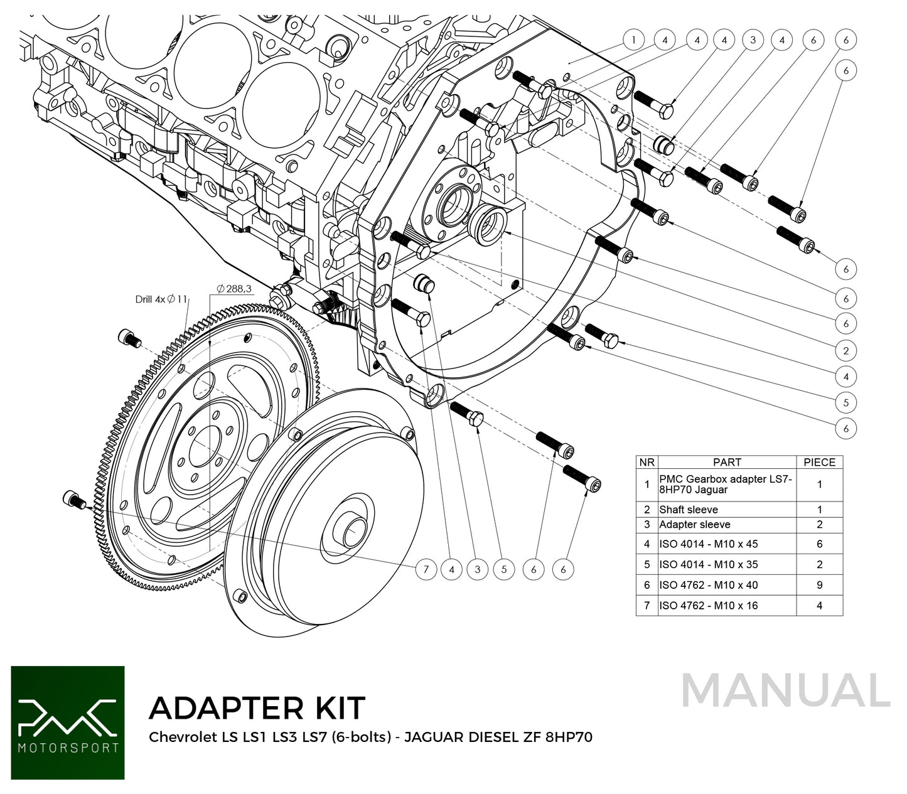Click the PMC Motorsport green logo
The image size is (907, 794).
click(x=68, y=722)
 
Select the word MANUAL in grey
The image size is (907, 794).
click(x=785, y=691)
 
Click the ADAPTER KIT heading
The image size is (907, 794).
click(x=257, y=708)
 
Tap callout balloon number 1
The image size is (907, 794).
click(x=633, y=40)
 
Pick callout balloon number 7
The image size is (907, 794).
click(x=426, y=569)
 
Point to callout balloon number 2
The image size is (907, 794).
click(x=845, y=350)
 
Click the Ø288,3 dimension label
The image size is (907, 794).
click(x=233, y=289)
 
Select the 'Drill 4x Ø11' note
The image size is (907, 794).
click(x=161, y=299)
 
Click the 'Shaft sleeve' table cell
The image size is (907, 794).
click(x=689, y=510)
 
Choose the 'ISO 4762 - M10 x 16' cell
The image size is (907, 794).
click(x=708, y=606)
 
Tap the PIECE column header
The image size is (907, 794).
click(x=819, y=462)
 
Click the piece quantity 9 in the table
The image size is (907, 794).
click(x=819, y=585)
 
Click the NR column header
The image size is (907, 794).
click(x=647, y=462)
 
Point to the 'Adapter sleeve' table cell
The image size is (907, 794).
click(x=694, y=525)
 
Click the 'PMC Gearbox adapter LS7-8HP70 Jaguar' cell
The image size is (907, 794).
click(x=726, y=484)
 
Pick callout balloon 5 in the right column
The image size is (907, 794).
click(x=845, y=402)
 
